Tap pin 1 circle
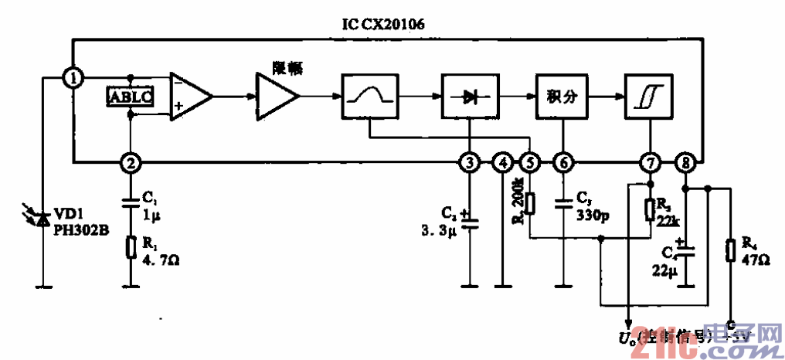click(73, 77)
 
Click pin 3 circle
click(468, 163)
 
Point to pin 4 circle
click(502, 163)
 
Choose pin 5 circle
click(530, 163)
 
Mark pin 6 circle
click(564, 163)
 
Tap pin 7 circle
click(651, 163)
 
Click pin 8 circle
click(685, 163)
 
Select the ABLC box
click(129, 97)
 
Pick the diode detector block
click(468, 97)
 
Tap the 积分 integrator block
click(563, 97)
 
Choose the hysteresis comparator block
click(651, 97)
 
